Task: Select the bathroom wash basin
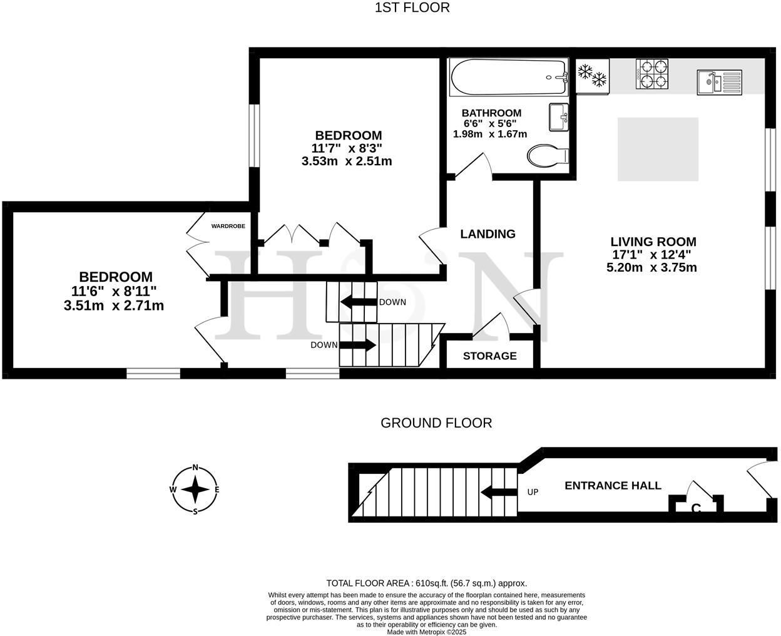[x=558, y=117]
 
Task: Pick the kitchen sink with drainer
[x=719, y=82]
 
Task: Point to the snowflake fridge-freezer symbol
[x=592, y=75]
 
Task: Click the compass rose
[x=195, y=490]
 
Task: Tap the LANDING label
[x=487, y=234]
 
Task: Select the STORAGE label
[x=489, y=356]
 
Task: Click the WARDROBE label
[x=228, y=226]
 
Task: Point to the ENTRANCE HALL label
[x=613, y=486]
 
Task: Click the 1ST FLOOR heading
[x=412, y=8]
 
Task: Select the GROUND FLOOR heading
[x=436, y=423]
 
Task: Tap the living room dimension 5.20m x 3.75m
[x=651, y=268]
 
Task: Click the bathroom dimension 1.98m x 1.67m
[x=489, y=134]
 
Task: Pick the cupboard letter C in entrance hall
[x=695, y=509]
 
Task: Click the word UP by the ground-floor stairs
[x=533, y=492]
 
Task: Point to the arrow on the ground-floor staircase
[x=496, y=492]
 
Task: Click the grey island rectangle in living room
[x=658, y=149]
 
